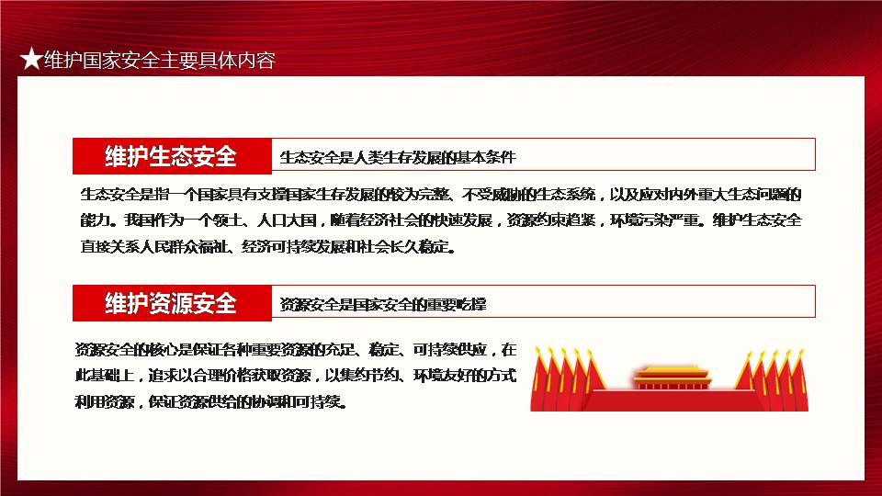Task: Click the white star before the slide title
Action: coord(31,59)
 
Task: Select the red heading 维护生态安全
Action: coord(171,156)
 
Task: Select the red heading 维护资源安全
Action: coord(171,303)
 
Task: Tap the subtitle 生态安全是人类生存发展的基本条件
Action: coord(398,157)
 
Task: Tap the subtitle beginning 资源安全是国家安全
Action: coord(383,304)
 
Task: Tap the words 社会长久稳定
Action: coord(404,246)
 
